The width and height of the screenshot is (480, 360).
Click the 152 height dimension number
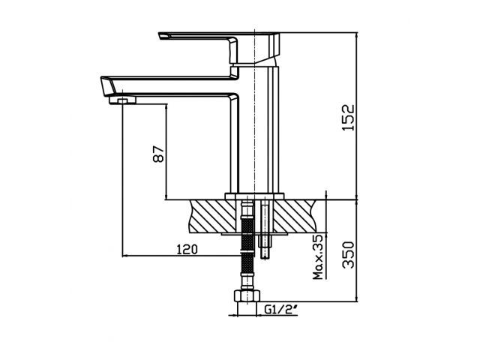point(346,116)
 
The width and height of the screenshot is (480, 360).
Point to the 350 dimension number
point(347,256)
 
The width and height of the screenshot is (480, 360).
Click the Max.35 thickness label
point(318,257)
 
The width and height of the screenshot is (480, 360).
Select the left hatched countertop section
point(213,214)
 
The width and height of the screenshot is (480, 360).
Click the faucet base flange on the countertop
point(255,196)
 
